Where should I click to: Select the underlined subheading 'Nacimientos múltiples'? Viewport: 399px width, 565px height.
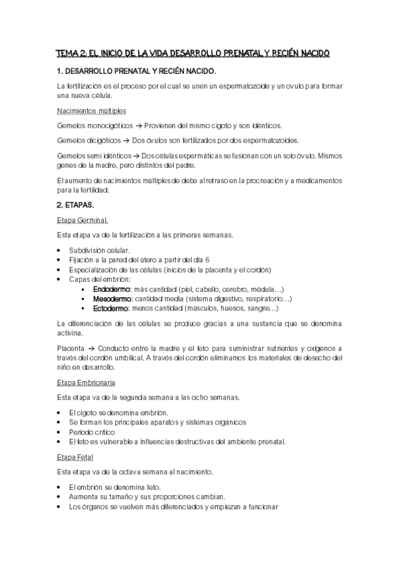tap(92, 111)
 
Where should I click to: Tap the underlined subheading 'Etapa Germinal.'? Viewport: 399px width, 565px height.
tap(83, 221)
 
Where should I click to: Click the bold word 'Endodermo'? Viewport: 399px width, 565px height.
tap(112, 290)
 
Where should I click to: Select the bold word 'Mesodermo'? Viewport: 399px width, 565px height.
tap(112, 299)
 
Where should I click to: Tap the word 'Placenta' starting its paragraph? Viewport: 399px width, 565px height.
tap(71, 348)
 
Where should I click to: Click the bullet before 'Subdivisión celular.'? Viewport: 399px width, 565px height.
tap(62, 250)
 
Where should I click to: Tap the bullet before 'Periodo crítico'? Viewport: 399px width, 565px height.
tap(62, 432)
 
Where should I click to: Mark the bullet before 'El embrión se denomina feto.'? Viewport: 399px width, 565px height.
tap(62, 487)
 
